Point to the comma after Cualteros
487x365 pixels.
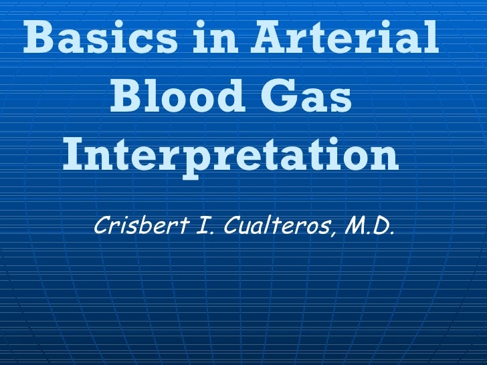(332, 233)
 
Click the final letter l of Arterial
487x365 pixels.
(433, 37)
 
